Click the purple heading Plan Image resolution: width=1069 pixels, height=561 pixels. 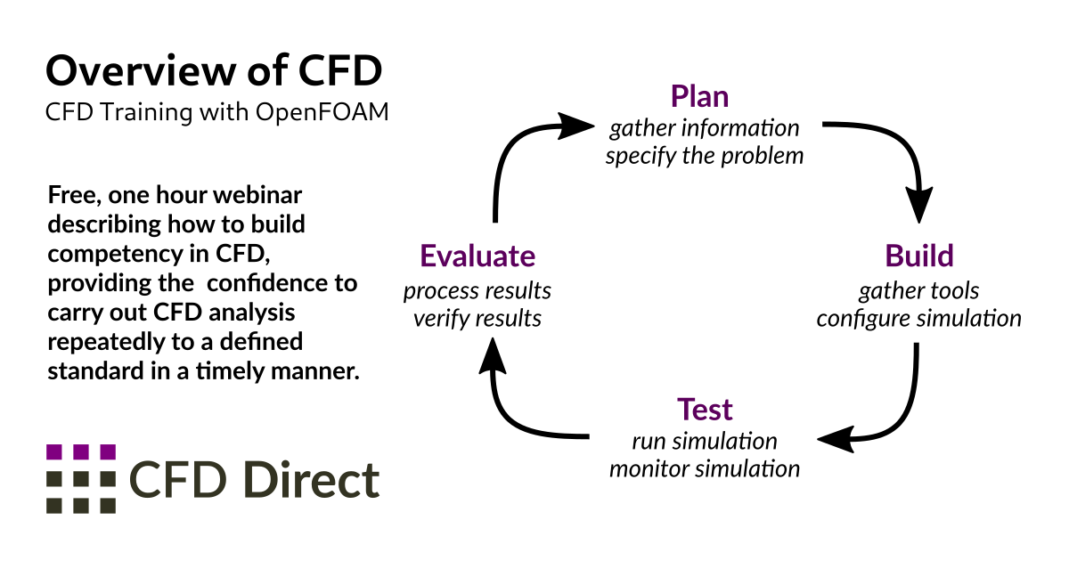(699, 97)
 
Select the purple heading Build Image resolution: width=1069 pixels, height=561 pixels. (919, 256)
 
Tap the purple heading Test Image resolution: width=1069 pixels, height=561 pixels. (705, 410)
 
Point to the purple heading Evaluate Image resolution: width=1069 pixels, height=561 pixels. (477, 256)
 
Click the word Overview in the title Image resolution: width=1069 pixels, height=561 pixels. (142, 70)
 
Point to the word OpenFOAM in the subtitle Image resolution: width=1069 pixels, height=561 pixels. (322, 112)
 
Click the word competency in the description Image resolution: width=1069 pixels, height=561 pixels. (115, 255)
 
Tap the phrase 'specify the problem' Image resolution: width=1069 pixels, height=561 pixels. (705, 157)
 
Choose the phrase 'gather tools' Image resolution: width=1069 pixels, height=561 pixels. (918, 291)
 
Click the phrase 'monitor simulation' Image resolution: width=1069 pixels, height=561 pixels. (705, 469)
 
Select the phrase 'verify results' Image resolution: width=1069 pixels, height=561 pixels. (477, 319)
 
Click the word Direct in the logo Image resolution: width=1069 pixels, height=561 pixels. (311, 480)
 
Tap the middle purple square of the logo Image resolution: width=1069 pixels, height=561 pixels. (81, 451)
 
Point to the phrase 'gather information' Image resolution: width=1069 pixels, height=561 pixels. (705, 129)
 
